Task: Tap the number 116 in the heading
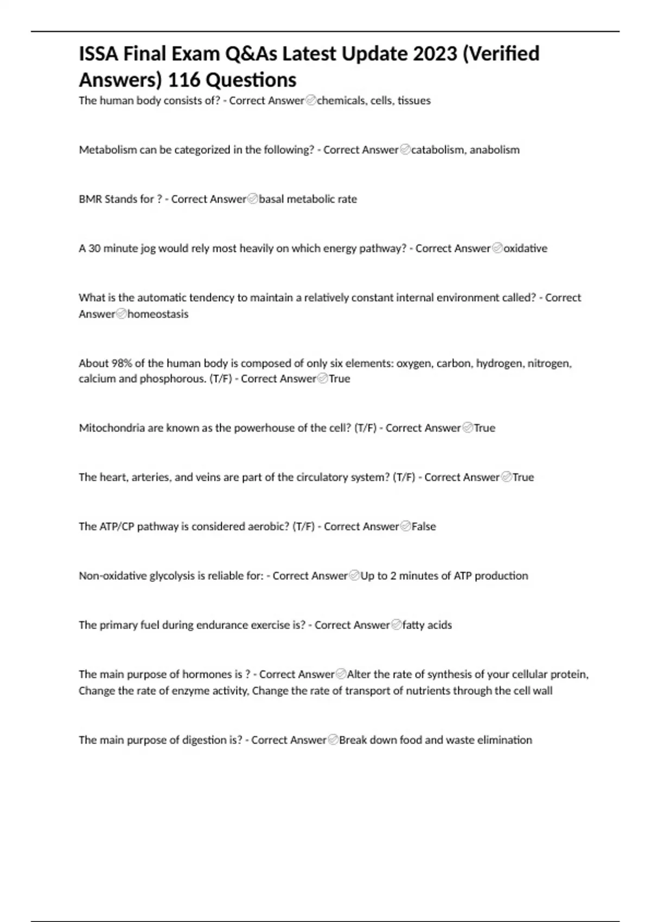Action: pos(184,80)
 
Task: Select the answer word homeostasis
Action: pos(158,314)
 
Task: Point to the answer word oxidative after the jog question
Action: pos(525,248)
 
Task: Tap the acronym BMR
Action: pos(90,199)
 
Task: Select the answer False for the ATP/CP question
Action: pos(424,527)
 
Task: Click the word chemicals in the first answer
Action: pos(341,100)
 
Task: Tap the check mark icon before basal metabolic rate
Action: pos(252,199)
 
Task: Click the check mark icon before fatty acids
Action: pos(396,625)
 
